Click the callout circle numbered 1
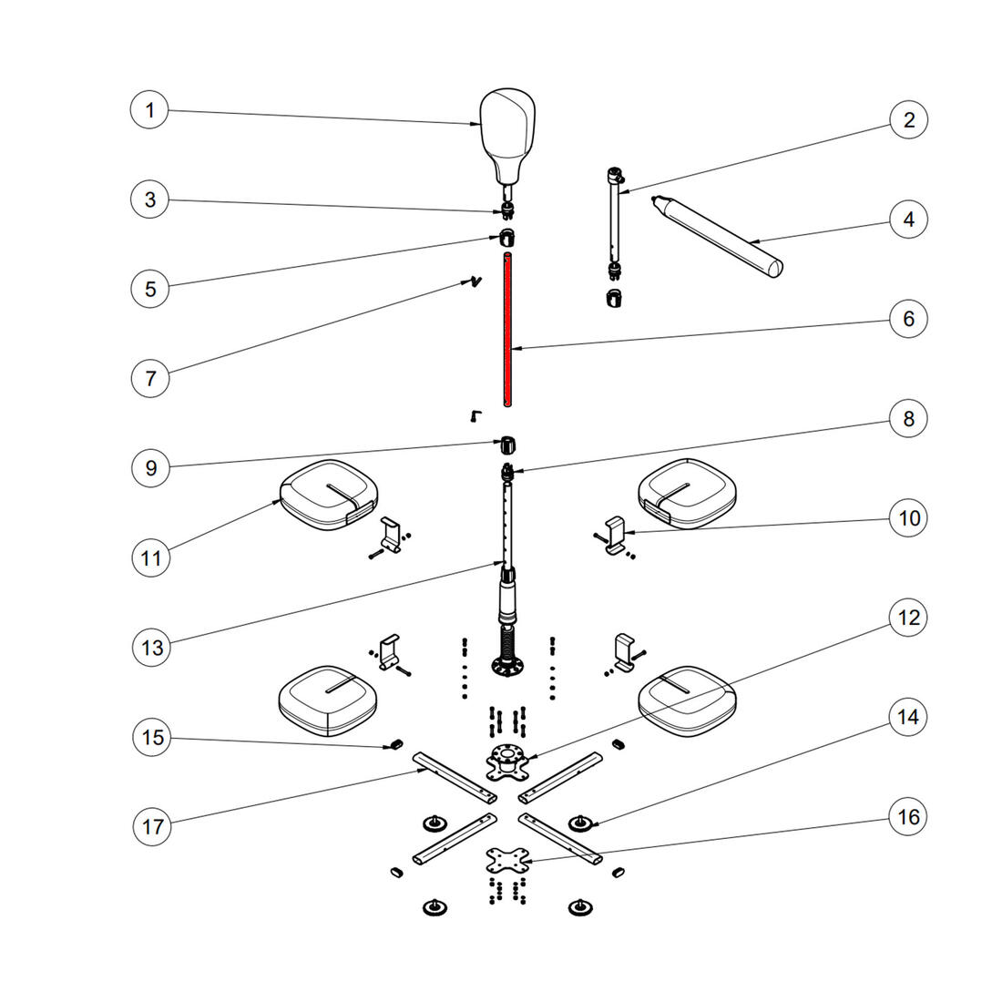pyautogui.click(x=149, y=110)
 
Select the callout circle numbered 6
pyautogui.click(x=908, y=318)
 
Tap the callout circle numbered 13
pyautogui.click(x=152, y=648)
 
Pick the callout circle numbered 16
pyautogui.click(x=908, y=817)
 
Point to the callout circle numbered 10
pyautogui.click(x=909, y=517)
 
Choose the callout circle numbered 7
pyautogui.click(x=150, y=378)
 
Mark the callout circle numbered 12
pyautogui.click(x=908, y=618)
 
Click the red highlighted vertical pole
pyautogui.click(x=507, y=329)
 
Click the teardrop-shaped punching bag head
pyautogui.click(x=507, y=137)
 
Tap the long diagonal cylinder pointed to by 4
pyautogui.click(x=717, y=237)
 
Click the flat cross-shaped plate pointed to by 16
pyautogui.click(x=508, y=861)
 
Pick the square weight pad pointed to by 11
pyautogui.click(x=329, y=496)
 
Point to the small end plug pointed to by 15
pyautogui.click(x=395, y=744)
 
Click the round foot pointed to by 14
pyautogui.click(x=579, y=823)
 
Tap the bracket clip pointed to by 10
pyautogui.click(x=615, y=534)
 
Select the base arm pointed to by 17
pyautogui.click(x=455, y=778)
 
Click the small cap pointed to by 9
pyautogui.click(x=507, y=445)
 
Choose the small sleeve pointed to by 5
pyautogui.click(x=506, y=237)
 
